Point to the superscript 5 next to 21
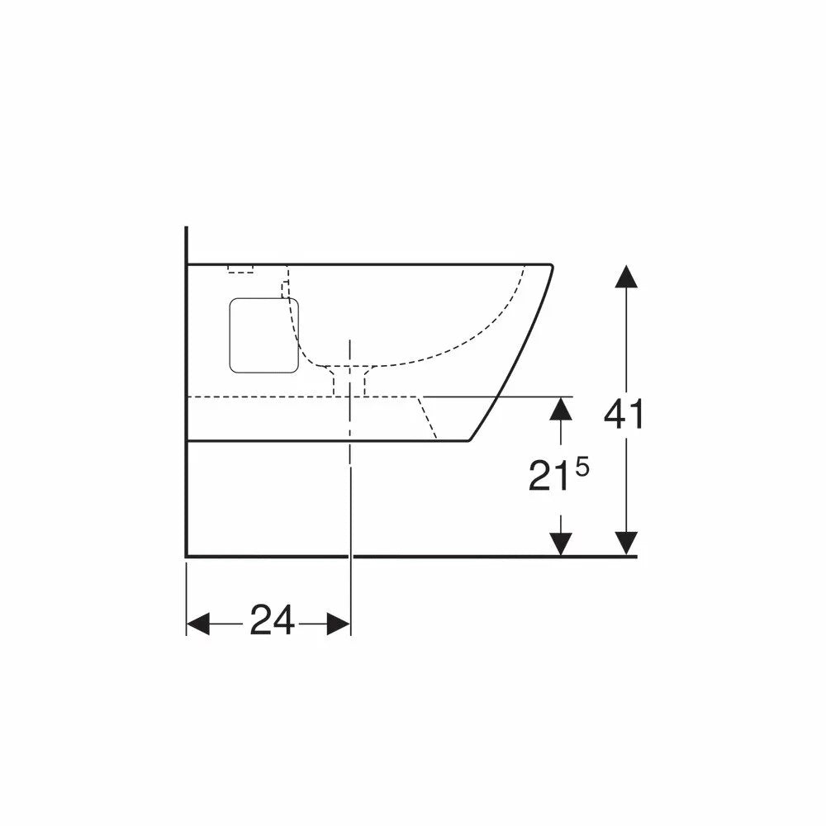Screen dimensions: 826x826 pyautogui.click(x=582, y=468)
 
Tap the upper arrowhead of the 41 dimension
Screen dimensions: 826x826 pyautogui.click(x=626, y=277)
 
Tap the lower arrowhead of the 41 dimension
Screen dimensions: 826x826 pyautogui.click(x=626, y=544)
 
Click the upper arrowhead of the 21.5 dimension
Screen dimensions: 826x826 pyautogui.click(x=561, y=409)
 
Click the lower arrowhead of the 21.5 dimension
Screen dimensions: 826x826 pyautogui.click(x=561, y=544)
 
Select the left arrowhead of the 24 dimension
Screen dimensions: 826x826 pyautogui.click(x=198, y=624)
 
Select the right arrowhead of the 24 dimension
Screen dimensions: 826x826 pyautogui.click(x=338, y=624)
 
